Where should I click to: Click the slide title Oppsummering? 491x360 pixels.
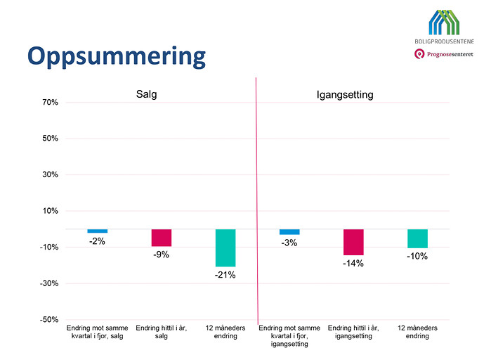click(x=117, y=57)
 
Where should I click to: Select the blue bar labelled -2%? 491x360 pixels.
click(x=98, y=231)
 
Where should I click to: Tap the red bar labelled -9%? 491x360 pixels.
click(x=162, y=238)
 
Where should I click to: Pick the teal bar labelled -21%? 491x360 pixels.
click(x=225, y=247)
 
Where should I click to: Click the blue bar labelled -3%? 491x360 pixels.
click(x=289, y=232)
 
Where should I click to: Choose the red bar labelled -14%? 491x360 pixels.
click(x=353, y=242)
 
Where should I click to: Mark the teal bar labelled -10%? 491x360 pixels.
click(x=417, y=238)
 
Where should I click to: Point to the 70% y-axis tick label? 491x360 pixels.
click(x=51, y=102)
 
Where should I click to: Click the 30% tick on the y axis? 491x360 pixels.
click(x=51, y=174)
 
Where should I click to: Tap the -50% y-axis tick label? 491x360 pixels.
click(x=49, y=320)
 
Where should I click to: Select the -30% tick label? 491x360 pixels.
click(x=49, y=283)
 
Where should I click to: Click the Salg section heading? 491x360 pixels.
click(x=147, y=94)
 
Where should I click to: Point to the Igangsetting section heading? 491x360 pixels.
click(x=345, y=95)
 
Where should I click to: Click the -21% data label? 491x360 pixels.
click(x=225, y=275)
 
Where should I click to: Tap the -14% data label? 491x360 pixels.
click(x=353, y=263)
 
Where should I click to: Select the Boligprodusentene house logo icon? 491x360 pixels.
click(x=444, y=22)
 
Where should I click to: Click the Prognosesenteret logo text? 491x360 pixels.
click(x=450, y=54)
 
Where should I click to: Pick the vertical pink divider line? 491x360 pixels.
click(x=257, y=201)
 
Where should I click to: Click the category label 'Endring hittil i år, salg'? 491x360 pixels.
click(x=162, y=332)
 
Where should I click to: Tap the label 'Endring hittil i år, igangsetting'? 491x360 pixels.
click(x=353, y=332)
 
